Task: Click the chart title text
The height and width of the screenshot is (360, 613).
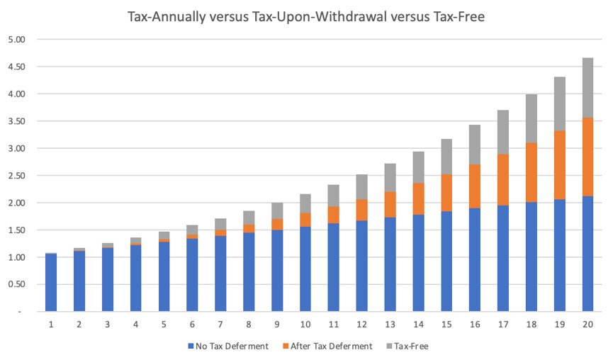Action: (306, 15)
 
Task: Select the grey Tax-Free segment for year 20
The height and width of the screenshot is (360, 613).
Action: (588, 88)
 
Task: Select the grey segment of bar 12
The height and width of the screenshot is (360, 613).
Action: (362, 187)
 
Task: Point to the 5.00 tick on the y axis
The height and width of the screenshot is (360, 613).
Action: (16, 40)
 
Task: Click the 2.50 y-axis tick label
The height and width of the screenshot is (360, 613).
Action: (16, 176)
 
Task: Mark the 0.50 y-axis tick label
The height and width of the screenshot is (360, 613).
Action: (16, 284)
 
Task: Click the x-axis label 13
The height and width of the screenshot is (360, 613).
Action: (390, 324)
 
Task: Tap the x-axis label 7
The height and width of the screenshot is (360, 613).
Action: (220, 324)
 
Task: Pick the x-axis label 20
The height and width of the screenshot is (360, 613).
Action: (588, 324)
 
